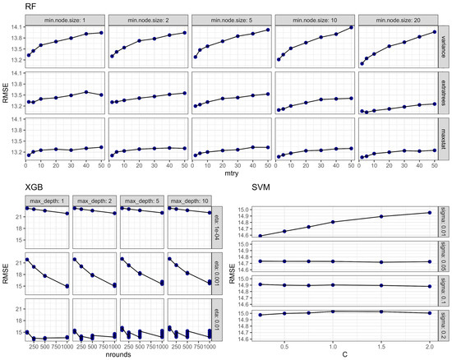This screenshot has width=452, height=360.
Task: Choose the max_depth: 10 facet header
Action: [190, 200]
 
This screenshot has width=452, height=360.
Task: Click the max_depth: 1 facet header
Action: [47, 200]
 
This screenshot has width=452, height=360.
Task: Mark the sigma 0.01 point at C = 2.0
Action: [429, 213]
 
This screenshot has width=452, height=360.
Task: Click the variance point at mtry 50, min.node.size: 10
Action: [351, 28]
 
